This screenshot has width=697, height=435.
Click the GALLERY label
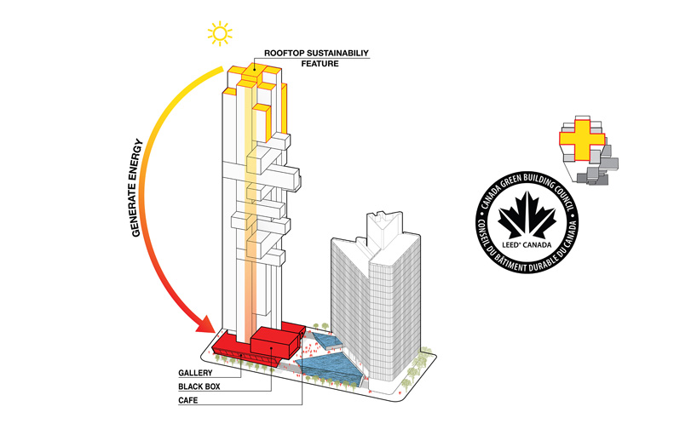pos(195,373)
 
